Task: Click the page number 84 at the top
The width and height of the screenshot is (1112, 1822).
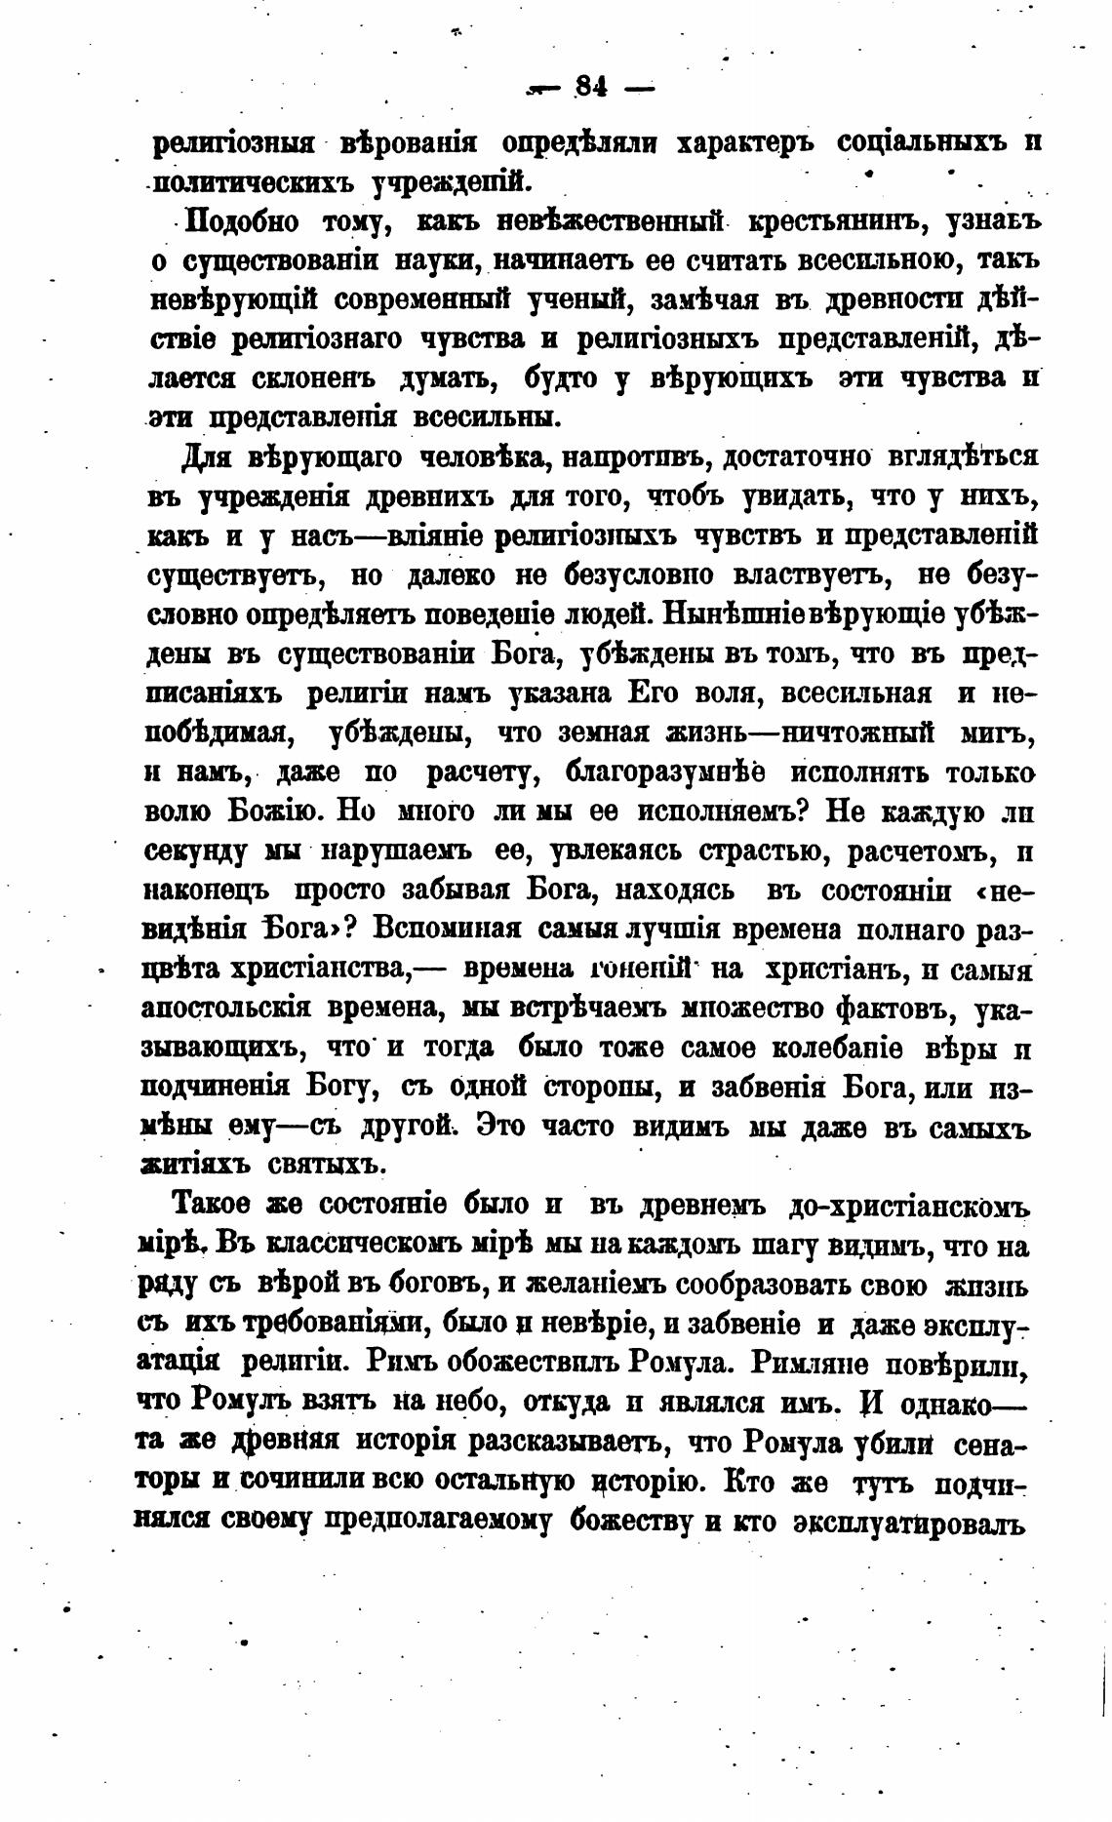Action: click(591, 88)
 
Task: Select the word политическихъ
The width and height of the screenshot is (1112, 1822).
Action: click(255, 180)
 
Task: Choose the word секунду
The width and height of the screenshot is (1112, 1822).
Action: click(199, 852)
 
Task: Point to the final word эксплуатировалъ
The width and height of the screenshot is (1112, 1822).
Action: click(911, 1521)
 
